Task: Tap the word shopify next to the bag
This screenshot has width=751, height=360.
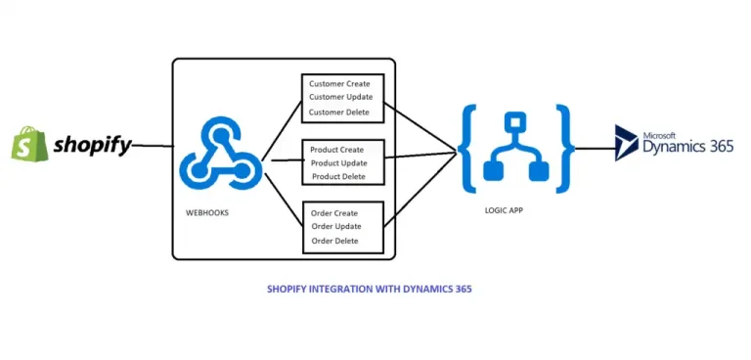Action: pyautogui.click(x=92, y=146)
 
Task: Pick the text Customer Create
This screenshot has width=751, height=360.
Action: pyautogui.click(x=339, y=83)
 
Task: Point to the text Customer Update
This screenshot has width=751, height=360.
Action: pyautogui.click(x=340, y=97)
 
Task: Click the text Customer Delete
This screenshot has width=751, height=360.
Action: pyautogui.click(x=339, y=112)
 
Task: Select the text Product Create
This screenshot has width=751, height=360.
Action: pyautogui.click(x=337, y=150)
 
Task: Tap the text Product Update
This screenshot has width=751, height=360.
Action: pyautogui.click(x=338, y=162)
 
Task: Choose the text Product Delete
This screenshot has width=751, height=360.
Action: pyautogui.click(x=338, y=177)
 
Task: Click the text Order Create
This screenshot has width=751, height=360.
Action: pyautogui.click(x=334, y=213)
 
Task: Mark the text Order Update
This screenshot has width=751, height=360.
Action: pyautogui.click(x=335, y=227)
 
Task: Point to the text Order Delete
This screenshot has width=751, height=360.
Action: pyautogui.click(x=334, y=241)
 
